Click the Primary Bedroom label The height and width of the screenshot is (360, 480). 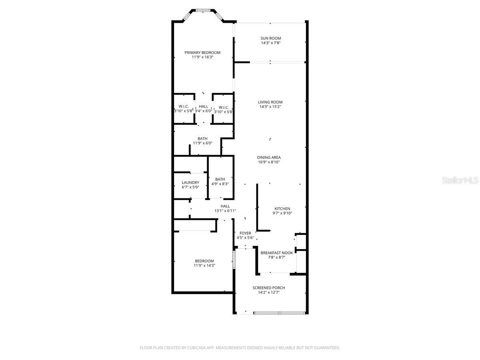202,52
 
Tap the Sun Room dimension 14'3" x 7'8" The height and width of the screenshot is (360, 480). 271,43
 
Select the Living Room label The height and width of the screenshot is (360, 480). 270,102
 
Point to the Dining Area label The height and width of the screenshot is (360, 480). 269,157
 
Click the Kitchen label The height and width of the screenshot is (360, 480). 282,208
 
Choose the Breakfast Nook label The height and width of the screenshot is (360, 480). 276,253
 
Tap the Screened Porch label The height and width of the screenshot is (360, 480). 268,288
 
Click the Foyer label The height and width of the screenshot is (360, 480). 245,233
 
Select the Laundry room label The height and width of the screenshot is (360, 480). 190,182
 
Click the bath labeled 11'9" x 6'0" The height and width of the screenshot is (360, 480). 202,141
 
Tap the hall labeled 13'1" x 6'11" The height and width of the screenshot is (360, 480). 225,208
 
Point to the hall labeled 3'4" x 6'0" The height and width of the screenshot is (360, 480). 204,109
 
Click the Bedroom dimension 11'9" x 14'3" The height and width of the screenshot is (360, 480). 204,265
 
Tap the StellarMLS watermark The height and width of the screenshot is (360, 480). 460,180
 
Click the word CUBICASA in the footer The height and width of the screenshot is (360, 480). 196,348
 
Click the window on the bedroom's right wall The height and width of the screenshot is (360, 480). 234,259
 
